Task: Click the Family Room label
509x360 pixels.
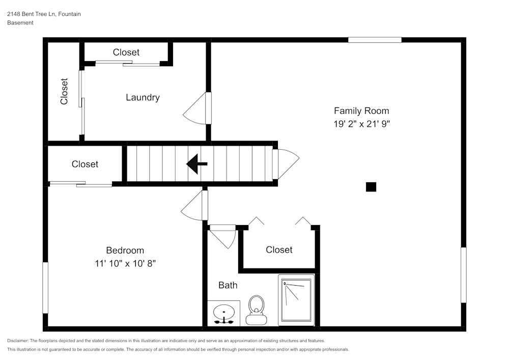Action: [361, 110]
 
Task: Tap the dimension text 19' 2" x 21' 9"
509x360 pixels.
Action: [361, 124]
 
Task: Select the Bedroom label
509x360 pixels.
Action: [125, 250]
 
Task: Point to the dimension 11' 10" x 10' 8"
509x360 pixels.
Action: [125, 263]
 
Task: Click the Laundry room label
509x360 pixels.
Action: [143, 97]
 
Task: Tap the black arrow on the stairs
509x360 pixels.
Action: [196, 164]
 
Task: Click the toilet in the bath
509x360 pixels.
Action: [256, 310]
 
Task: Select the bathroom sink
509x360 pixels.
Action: [224, 313]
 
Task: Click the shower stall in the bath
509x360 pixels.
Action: [296, 300]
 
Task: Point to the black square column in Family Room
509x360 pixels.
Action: [371, 187]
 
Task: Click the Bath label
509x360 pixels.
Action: [228, 285]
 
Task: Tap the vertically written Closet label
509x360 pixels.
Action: [64, 91]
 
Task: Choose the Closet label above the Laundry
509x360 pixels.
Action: [126, 52]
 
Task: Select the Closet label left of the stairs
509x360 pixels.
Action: [85, 164]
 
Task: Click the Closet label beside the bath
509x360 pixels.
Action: [279, 250]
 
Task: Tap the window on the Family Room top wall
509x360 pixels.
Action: [375, 40]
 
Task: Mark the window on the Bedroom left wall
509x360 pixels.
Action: [45, 288]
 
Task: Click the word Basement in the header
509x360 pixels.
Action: [20, 23]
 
